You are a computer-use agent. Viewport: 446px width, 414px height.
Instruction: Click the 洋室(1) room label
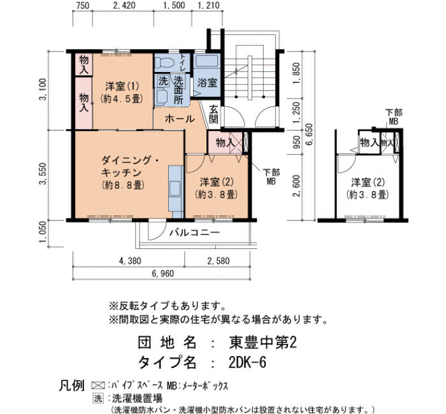122,85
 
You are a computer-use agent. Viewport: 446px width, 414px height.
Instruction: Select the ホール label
180,118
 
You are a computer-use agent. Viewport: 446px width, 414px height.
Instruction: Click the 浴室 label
207,83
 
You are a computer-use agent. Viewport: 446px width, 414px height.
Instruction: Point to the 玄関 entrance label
213,114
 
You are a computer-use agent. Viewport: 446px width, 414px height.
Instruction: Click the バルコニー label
194,233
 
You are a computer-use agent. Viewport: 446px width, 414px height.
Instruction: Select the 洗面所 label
178,90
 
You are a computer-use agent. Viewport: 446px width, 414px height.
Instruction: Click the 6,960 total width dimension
162,273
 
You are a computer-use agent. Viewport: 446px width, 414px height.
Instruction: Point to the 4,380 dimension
130,261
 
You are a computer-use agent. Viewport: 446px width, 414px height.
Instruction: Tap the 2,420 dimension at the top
124,5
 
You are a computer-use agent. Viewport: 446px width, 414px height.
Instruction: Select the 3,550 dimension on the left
43,174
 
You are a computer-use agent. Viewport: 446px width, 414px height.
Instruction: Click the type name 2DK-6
247,362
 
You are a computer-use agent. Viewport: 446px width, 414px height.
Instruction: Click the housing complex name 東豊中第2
263,343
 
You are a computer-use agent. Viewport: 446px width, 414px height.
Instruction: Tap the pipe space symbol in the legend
98,385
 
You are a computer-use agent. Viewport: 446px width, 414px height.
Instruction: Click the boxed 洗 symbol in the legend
98,398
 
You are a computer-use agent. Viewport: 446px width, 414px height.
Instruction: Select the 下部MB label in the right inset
394,117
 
